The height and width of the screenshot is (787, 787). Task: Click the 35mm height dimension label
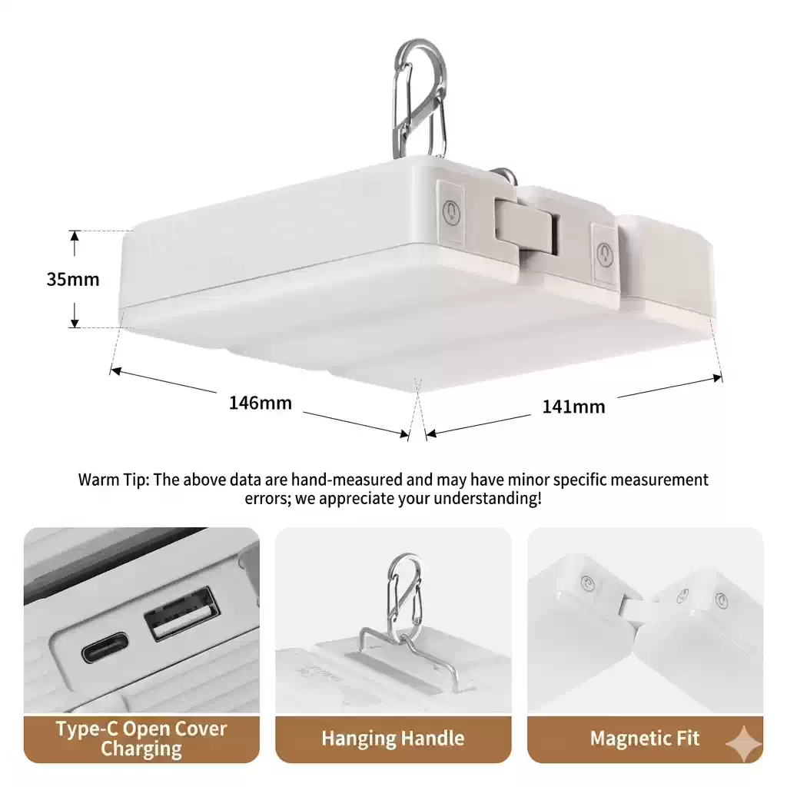(73, 279)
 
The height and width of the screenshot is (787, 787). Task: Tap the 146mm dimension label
(260, 403)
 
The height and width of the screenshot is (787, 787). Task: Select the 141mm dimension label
(573, 407)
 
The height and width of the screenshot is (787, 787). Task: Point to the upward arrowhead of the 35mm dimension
(75, 237)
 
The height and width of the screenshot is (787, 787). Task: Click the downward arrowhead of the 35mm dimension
(75, 321)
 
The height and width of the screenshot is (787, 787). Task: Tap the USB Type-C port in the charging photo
(105, 648)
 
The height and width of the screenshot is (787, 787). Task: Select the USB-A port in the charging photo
(181, 613)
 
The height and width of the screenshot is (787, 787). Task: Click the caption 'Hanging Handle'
(393, 739)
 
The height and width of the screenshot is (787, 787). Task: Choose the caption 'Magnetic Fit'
(645, 739)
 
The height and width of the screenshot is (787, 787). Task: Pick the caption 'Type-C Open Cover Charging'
(141, 739)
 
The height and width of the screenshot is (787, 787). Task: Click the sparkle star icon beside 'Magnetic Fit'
(744, 744)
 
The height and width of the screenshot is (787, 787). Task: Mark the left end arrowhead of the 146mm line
(116, 371)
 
